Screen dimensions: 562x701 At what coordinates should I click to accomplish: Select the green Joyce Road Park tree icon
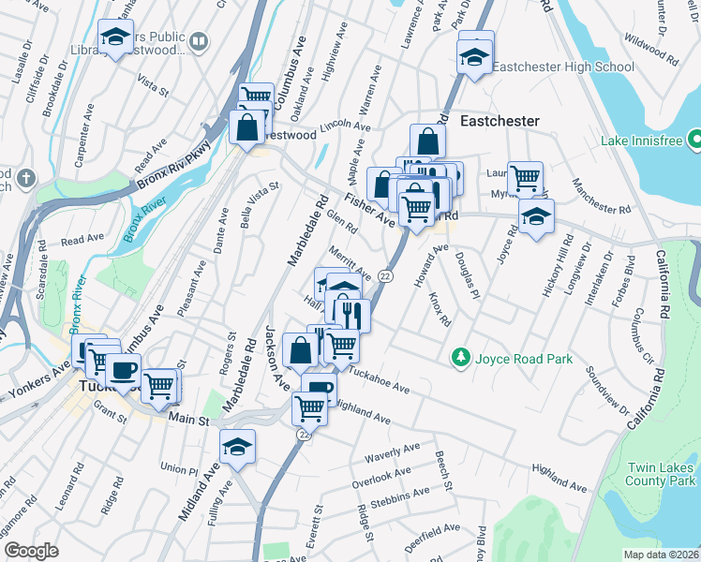click(460, 357)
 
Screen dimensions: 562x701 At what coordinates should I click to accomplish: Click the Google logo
click(31, 551)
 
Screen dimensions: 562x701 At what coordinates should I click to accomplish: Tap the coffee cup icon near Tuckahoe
click(123, 368)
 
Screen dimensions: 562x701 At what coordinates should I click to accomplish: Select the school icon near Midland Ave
click(238, 447)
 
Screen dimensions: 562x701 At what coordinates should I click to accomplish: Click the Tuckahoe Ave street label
click(380, 379)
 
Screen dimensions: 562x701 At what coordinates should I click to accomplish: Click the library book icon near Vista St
click(199, 41)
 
